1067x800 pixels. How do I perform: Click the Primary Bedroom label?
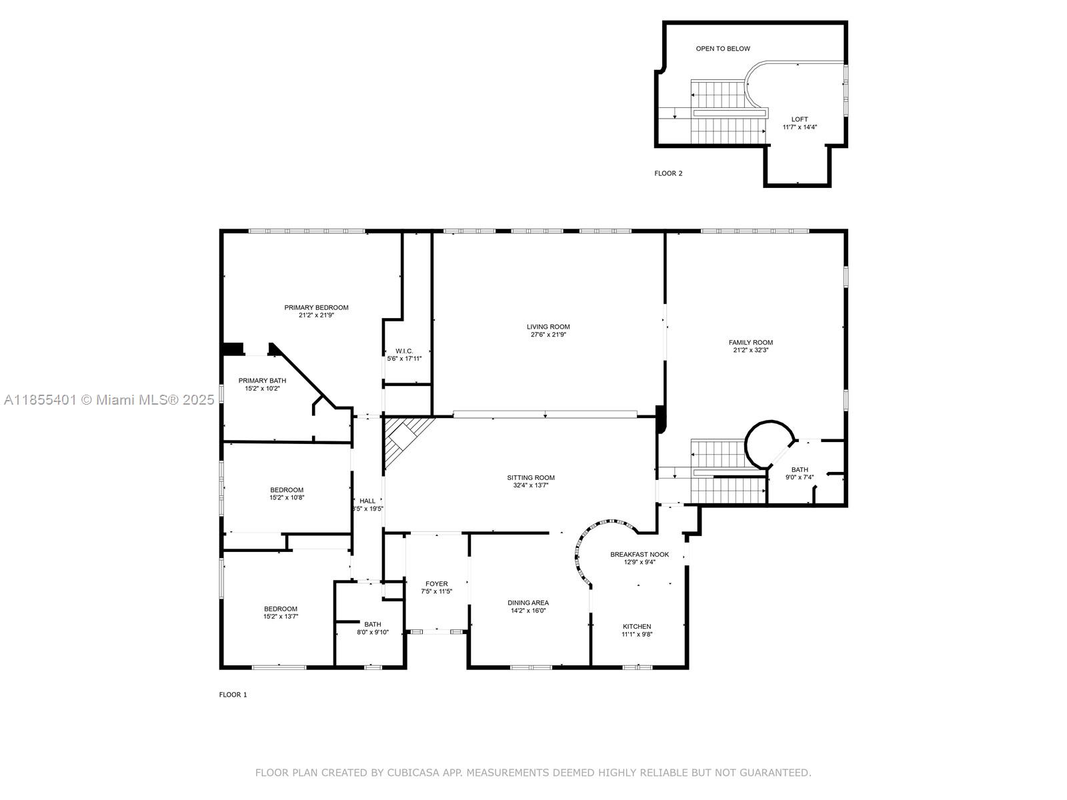pyautogui.click(x=316, y=307)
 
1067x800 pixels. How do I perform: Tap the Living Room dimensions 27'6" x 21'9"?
pyautogui.click(x=548, y=335)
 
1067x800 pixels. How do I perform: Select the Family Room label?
pyautogui.click(x=750, y=342)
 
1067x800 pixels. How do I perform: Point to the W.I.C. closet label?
pyautogui.click(x=404, y=351)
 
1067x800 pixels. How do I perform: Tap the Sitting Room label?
pyautogui.click(x=531, y=477)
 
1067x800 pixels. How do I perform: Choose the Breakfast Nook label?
pyautogui.click(x=639, y=554)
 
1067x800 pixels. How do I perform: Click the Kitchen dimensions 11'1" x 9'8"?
pyautogui.click(x=637, y=634)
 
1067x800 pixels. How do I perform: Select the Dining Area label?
pyautogui.click(x=528, y=603)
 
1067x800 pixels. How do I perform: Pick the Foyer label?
pyautogui.click(x=437, y=583)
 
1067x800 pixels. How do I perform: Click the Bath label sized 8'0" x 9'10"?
pyautogui.click(x=372, y=624)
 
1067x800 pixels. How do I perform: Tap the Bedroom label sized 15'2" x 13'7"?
pyautogui.click(x=280, y=609)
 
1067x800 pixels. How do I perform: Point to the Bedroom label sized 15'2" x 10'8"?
pyautogui.click(x=287, y=490)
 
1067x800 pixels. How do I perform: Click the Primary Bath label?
pyautogui.click(x=262, y=381)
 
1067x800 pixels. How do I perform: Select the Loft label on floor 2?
pyautogui.click(x=799, y=119)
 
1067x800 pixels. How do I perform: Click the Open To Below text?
pyautogui.click(x=723, y=49)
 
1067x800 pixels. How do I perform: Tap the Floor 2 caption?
pyautogui.click(x=668, y=173)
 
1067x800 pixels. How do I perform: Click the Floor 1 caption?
pyautogui.click(x=233, y=695)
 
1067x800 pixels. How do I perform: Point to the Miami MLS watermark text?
pyautogui.click(x=109, y=400)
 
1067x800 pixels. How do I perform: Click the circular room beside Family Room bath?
pyautogui.click(x=769, y=444)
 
